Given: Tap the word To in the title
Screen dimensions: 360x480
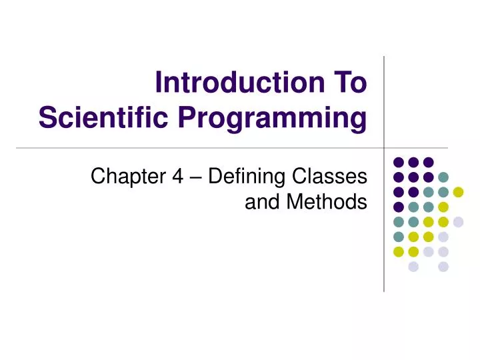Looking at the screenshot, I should point(347,85).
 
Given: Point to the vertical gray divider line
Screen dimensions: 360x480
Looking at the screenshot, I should point(385,100).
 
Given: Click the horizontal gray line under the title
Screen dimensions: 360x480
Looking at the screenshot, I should point(200,147).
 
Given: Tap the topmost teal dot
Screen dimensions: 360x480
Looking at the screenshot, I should point(443,177).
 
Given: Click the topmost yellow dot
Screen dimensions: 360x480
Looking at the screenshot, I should point(458,192).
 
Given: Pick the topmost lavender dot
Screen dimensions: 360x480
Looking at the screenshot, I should point(458,222).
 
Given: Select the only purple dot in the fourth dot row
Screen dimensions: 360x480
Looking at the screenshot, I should point(398,207).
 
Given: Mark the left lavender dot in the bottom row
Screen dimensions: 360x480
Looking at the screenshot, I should point(413,267).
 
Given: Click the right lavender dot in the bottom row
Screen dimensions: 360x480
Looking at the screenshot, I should point(443,267).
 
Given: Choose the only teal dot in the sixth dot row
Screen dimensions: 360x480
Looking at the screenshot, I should point(398,237).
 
